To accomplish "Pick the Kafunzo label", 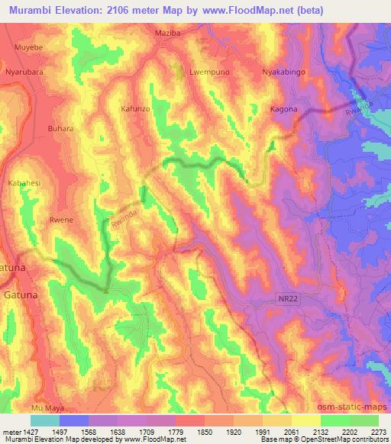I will [x=137, y=109].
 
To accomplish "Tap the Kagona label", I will [x=283, y=109].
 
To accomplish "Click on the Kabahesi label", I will [x=25, y=184].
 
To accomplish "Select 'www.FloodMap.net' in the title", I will [x=237, y=11].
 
